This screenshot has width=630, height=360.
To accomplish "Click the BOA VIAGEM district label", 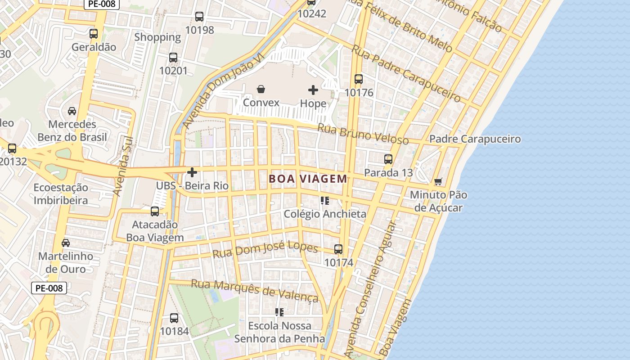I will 308,179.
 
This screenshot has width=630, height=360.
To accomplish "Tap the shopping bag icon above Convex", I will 261,89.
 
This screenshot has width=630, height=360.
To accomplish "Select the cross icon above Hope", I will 313,90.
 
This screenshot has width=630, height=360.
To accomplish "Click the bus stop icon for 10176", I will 359,79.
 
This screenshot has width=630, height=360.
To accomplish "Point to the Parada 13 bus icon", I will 388,159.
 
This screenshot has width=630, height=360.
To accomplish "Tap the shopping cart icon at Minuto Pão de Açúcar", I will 438,181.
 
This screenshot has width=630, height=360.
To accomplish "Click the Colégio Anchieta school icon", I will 325,200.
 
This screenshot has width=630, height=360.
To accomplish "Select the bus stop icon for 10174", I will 338,249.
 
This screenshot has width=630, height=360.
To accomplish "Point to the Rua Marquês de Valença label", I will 255,290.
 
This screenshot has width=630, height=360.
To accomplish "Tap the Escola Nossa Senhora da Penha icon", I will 279,312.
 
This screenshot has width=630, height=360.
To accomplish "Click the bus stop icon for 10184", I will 174,318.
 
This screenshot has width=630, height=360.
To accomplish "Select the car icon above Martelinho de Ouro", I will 66,243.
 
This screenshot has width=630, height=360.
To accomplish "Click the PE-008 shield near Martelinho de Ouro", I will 49,288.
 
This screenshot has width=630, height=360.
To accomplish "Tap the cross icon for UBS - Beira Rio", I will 192,172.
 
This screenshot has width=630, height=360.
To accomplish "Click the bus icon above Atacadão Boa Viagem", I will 155,211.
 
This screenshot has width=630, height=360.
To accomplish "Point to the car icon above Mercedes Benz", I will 72,111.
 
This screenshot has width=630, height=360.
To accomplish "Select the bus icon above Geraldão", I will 94,33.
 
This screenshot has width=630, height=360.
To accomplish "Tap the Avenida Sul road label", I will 122,166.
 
